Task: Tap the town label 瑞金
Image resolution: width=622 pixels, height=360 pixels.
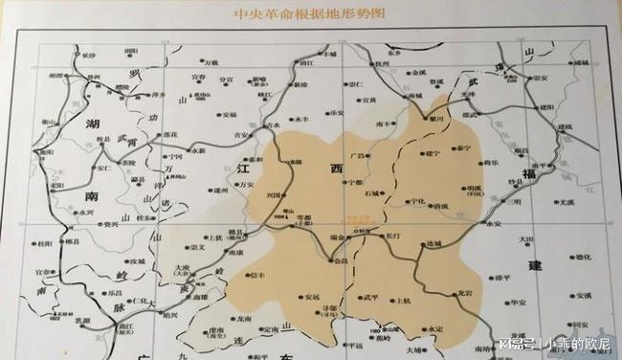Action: pyautogui.click(x=336, y=227)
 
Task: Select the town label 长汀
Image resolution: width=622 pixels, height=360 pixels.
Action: pyautogui.click(x=394, y=233)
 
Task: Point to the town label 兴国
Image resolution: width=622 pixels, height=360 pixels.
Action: pyautogui.click(x=274, y=195)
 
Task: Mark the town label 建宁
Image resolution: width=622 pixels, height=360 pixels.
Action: pyautogui.click(x=432, y=152)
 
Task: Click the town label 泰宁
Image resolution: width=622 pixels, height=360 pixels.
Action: pyautogui.click(x=464, y=149)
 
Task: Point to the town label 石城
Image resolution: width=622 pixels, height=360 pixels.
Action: pyautogui.click(x=373, y=193)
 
